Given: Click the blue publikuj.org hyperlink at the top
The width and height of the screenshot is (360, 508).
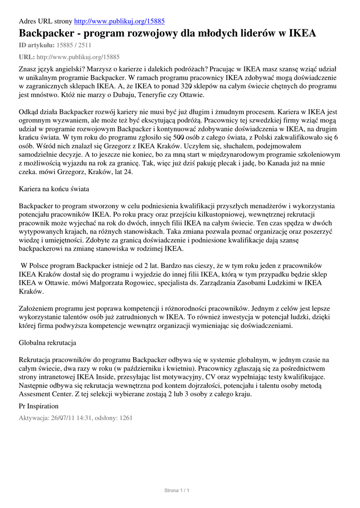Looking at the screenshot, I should [119, 21].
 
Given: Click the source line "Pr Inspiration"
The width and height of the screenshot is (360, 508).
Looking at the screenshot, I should [38, 406].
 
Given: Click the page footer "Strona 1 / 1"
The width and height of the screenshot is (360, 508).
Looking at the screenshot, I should [177, 491].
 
